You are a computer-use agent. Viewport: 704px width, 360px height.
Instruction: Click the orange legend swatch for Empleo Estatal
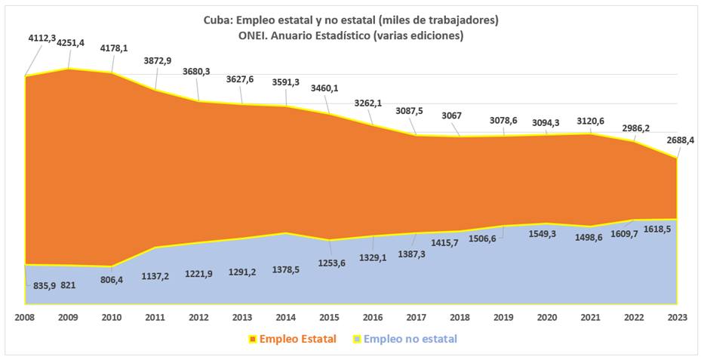[253, 340]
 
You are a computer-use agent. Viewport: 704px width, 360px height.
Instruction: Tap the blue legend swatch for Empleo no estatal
[357, 340]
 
